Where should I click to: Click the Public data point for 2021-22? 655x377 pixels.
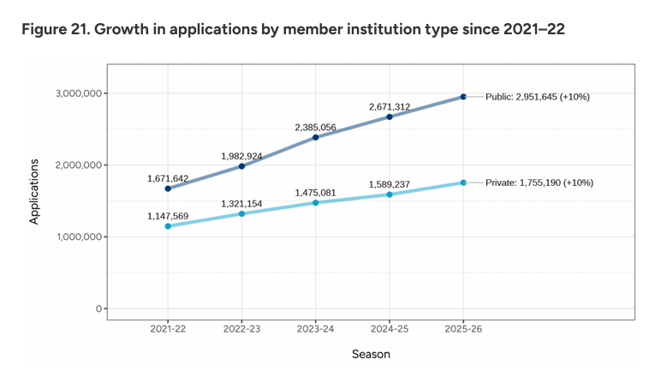(x=168, y=188)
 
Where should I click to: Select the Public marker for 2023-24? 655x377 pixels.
(x=315, y=137)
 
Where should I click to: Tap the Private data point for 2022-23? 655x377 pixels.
(x=241, y=213)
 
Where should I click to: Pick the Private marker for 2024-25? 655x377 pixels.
(x=390, y=194)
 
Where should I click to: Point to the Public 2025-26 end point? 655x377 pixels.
(x=463, y=97)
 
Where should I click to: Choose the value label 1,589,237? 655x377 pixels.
(x=390, y=183)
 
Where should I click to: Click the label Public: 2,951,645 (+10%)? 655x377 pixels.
(x=538, y=97)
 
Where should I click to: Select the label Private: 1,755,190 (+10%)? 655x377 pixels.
(x=539, y=183)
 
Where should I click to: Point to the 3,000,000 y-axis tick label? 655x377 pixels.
(x=75, y=93)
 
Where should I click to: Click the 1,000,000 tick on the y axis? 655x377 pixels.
(x=75, y=236)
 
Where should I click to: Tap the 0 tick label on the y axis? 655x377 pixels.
(x=98, y=308)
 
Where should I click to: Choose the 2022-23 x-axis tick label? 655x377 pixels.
(x=241, y=329)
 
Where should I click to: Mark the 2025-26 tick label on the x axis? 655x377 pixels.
(x=463, y=329)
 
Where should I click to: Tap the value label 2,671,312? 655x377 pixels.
(x=390, y=106)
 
